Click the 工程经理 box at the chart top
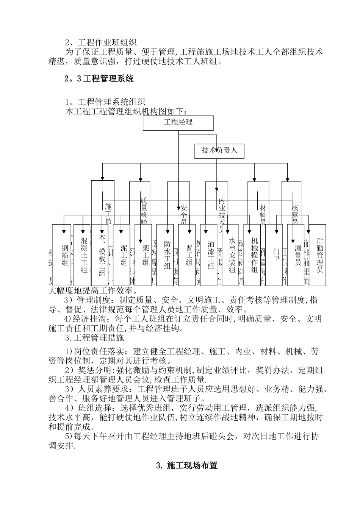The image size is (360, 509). [178, 122]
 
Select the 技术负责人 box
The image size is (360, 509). [219, 151]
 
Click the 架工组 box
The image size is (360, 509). [144, 255]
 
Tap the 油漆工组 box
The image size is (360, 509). [209, 255]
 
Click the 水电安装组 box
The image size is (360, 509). [231, 255]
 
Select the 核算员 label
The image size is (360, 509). [295, 214]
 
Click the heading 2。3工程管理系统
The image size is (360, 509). [99, 79]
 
